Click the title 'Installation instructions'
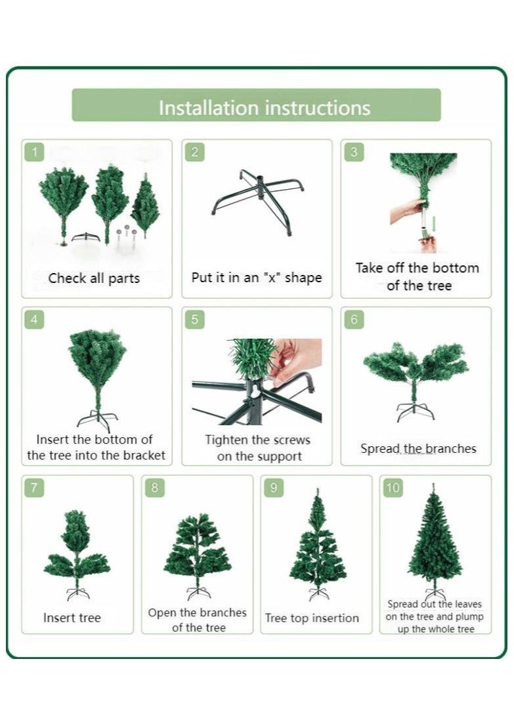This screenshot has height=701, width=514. tap(264, 107)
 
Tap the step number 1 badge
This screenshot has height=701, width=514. tap(35, 153)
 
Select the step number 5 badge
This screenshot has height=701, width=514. tap(194, 320)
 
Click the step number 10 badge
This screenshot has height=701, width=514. tap(393, 488)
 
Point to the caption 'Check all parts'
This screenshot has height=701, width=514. tap(94, 278)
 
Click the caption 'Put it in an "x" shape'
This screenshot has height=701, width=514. tap(257, 278)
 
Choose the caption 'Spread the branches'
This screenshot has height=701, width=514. tap(418, 449)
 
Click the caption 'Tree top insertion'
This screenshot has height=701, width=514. tap(312, 618)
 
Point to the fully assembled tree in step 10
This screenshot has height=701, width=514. tap(434, 538)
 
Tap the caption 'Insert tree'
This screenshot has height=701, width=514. tap(72, 618)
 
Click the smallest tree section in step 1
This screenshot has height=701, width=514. tap(145, 206)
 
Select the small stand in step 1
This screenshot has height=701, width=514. tap(85, 236)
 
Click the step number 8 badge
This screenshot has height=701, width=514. tap(155, 488)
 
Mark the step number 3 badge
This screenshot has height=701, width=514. tap(354, 153)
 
